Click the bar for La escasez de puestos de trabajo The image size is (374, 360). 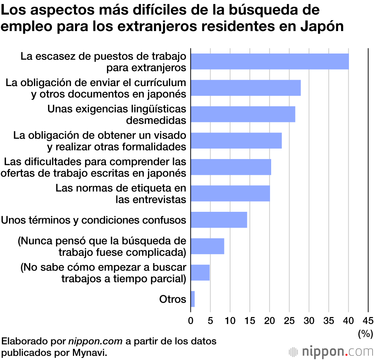coord(270,61)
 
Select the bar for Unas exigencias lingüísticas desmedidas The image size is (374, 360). coord(243,114)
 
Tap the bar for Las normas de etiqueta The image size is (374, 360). coord(230,193)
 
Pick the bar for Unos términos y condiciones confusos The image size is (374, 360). coord(219,220)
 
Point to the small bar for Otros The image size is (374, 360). coord(193,299)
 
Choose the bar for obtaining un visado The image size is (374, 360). coord(236,141)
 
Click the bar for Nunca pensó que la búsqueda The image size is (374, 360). coord(207,246)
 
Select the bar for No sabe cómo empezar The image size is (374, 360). coord(200,272)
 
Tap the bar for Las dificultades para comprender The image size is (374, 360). coord(231,167)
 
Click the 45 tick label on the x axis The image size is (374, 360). coord(368,320)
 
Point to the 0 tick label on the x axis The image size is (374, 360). coord(191,320)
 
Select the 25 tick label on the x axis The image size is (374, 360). coord(289,320)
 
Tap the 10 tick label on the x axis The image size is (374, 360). coord(230,320)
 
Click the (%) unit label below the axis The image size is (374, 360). coord(365,333)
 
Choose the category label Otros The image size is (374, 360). coord(172,299)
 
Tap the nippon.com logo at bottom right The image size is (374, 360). coord(331,351)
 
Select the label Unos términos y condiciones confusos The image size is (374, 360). coord(93,220)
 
